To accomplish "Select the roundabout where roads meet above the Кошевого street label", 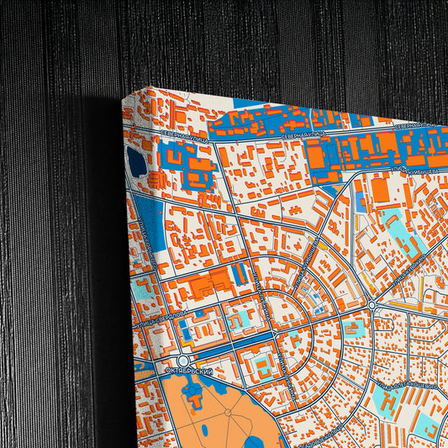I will click(x=370, y=304).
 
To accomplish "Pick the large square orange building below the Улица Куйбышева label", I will click(x=380, y=191).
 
